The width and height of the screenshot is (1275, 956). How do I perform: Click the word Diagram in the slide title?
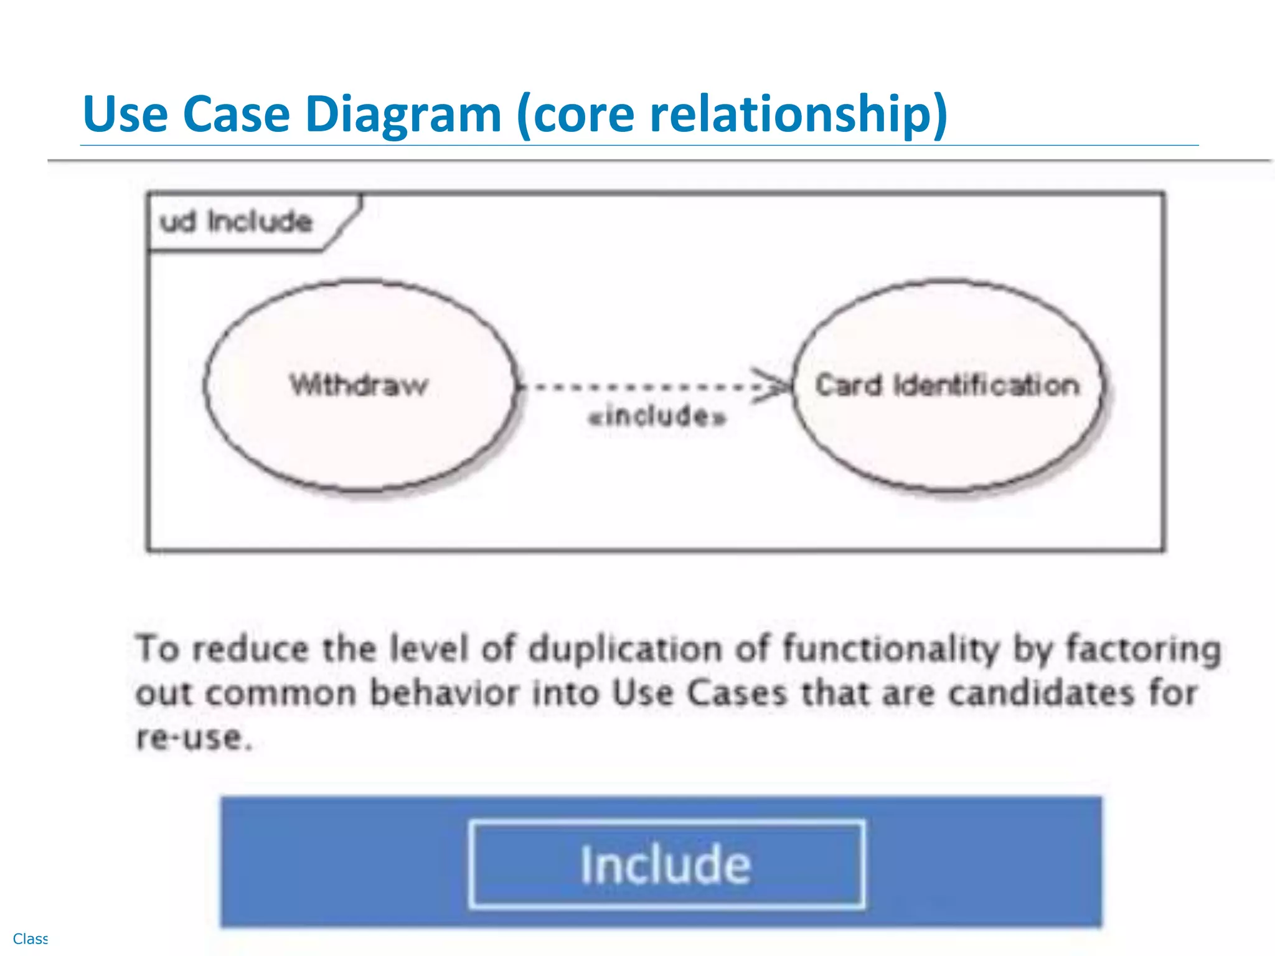(403, 115)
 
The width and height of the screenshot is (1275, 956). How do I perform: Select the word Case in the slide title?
(236, 115)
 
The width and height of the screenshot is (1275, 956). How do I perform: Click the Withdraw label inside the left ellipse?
(359, 385)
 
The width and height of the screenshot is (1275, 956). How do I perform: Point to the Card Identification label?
(947, 385)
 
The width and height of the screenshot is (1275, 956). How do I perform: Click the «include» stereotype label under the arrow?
(657, 416)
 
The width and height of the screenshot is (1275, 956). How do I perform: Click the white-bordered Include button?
(666, 865)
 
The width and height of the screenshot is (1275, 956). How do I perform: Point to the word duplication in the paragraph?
(626, 649)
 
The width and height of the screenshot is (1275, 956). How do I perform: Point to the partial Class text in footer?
(30, 939)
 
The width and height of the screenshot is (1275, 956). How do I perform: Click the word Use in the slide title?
(125, 115)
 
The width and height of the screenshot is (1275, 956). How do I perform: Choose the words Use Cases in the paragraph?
(700, 692)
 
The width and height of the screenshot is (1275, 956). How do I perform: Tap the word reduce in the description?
(250, 649)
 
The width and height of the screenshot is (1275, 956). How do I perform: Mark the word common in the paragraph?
(280, 692)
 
